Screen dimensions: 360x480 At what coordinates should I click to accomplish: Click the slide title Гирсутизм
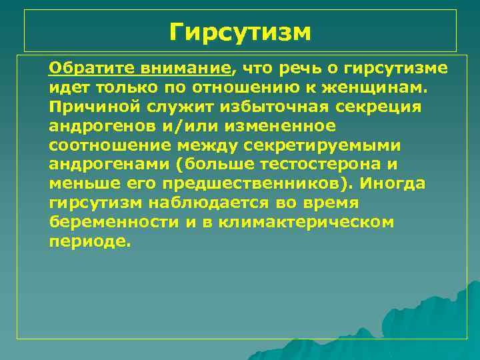pos(240,31)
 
